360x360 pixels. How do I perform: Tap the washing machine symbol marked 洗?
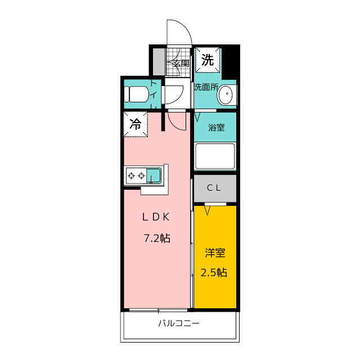point(208,61)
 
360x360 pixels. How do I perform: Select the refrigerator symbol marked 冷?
point(136,124)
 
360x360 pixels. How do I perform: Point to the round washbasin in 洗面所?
point(226,94)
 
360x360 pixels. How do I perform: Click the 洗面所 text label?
point(206,87)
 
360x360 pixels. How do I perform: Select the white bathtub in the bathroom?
point(214,156)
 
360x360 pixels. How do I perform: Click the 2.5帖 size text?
point(214,273)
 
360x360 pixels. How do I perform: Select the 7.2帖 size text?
point(156,238)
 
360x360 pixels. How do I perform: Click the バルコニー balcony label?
point(178,323)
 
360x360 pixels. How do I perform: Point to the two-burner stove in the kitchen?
point(136,176)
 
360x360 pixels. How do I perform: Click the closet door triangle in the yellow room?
point(208,210)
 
